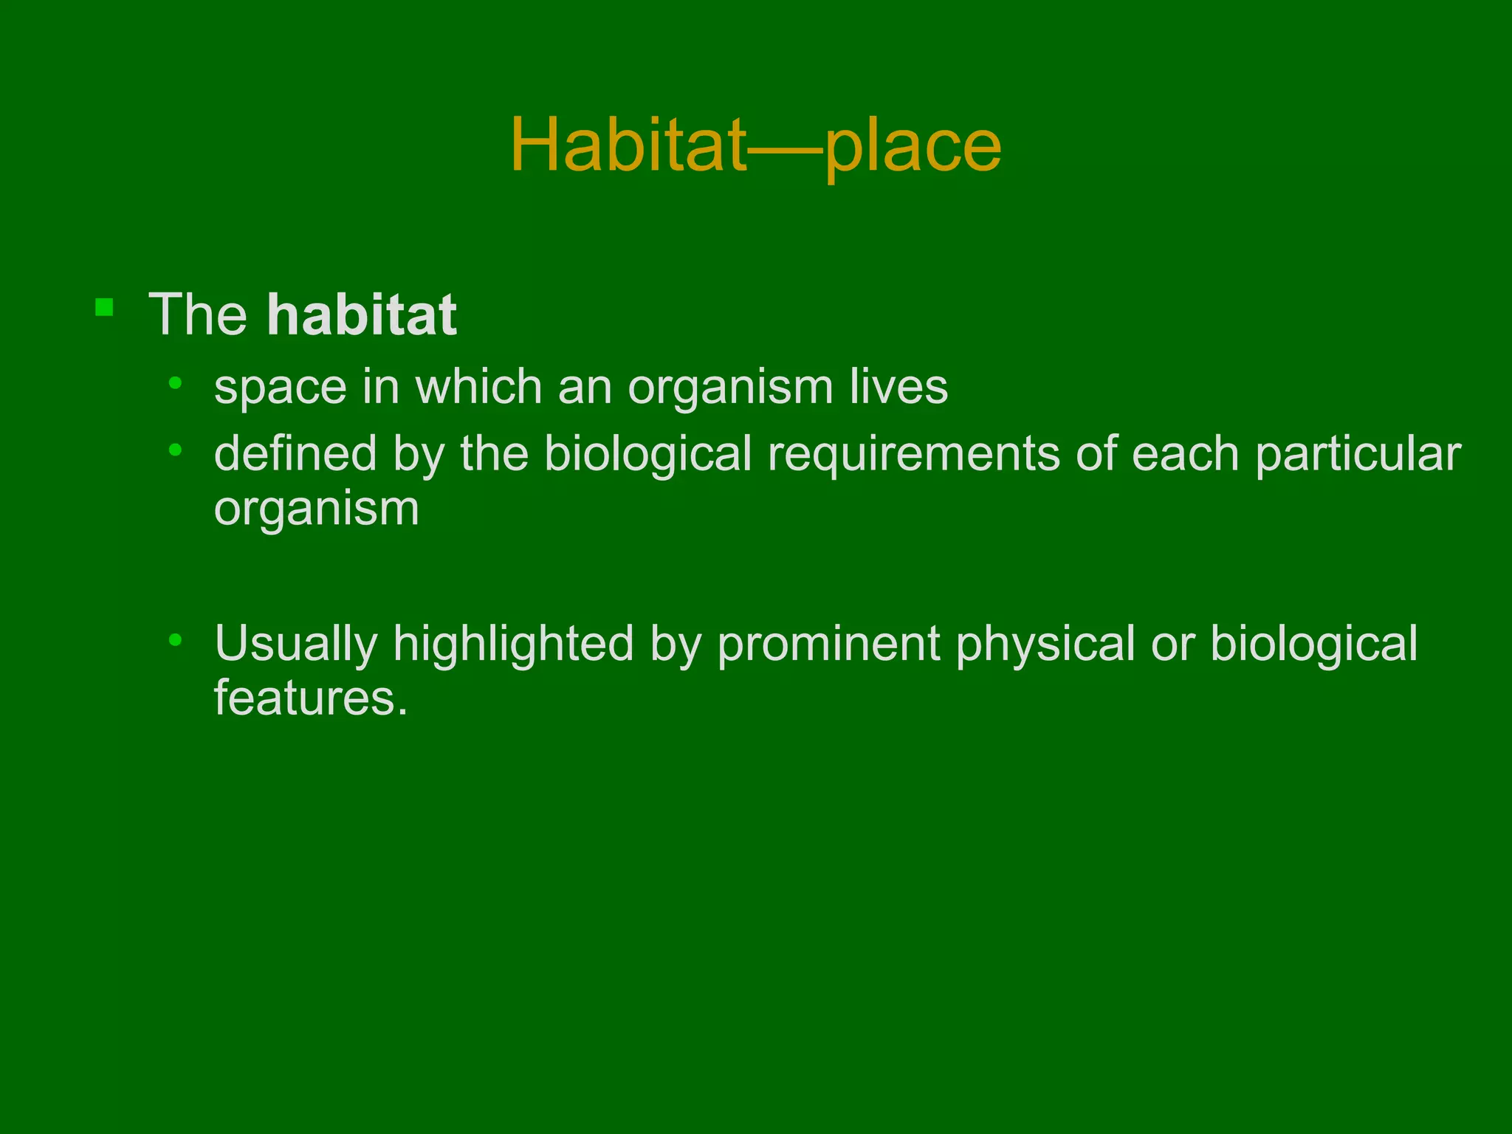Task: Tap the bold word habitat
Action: [x=362, y=315]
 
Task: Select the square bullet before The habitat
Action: [x=104, y=307]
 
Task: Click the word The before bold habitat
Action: [x=198, y=315]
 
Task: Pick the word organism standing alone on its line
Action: [x=317, y=509]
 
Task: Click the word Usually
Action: [x=296, y=644]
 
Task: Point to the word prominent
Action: [x=828, y=644]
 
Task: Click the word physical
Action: [x=1045, y=644]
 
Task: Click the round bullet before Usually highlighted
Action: [x=175, y=640]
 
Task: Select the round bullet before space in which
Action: [x=175, y=382]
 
